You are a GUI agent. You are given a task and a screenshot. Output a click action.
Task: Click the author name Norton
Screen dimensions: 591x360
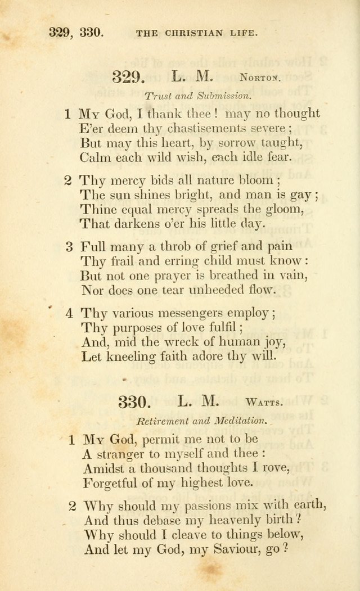click(x=259, y=78)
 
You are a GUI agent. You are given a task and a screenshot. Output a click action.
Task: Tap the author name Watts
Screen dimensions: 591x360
click(x=264, y=402)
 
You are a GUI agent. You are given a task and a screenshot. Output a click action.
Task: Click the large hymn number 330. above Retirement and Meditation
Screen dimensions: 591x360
click(x=136, y=401)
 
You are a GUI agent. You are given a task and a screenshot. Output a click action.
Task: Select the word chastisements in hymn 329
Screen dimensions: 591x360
click(x=172, y=128)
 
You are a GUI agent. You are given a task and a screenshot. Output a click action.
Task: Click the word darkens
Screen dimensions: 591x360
click(x=117, y=224)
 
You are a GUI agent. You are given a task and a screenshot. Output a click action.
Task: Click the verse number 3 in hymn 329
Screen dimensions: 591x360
click(x=69, y=246)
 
